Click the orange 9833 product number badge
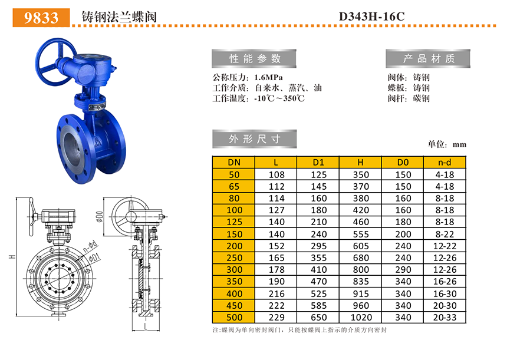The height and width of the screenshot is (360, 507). [41, 18]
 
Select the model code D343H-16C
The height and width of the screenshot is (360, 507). [372, 16]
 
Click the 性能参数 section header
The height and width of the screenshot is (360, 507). [254, 58]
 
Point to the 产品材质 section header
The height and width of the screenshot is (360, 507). [428, 58]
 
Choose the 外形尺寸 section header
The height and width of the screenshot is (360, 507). [255, 139]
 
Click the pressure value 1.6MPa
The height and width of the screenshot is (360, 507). [268, 78]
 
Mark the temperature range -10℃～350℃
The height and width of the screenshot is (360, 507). [279, 98]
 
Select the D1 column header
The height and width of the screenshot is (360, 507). [318, 162]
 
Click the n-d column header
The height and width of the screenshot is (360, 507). [445, 162]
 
